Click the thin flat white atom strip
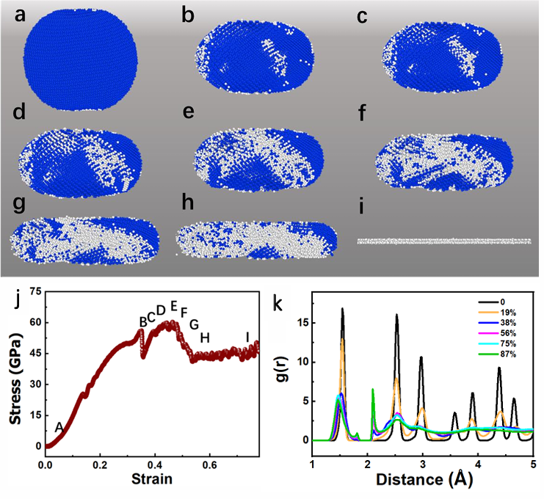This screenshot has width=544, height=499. pyautogui.click(x=444, y=241)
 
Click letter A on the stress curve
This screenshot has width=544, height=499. pyautogui.click(x=59, y=427)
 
